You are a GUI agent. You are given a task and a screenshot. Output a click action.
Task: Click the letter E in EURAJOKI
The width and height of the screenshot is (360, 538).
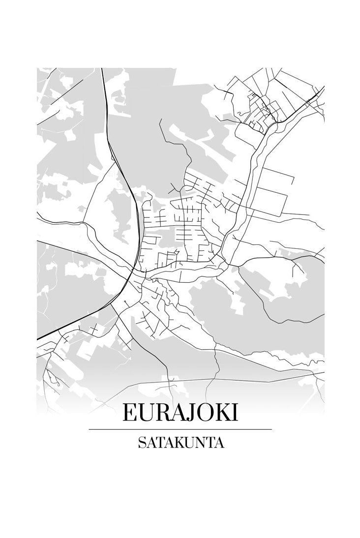[129, 412]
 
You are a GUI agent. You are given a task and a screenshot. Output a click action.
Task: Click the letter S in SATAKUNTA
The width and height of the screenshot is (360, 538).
[141, 443]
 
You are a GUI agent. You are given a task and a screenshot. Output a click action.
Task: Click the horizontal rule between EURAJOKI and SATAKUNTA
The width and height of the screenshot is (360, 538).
[180, 429]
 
